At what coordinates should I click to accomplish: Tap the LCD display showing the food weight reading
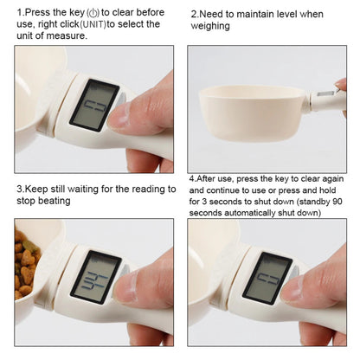click(x=94, y=276)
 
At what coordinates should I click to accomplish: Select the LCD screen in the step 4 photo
click(x=267, y=276)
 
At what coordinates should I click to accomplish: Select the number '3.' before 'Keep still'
click(x=20, y=188)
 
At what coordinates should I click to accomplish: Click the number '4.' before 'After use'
click(x=192, y=177)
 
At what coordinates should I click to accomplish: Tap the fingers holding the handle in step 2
click(x=341, y=95)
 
